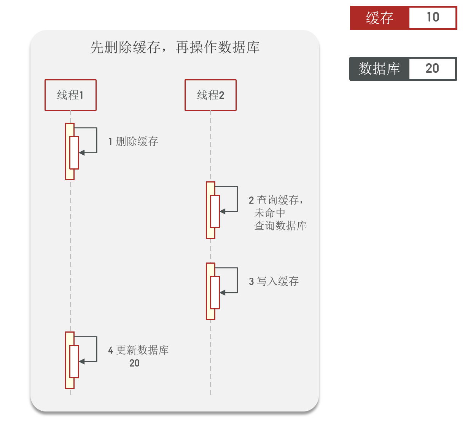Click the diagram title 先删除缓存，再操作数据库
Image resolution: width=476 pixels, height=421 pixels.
point(175,47)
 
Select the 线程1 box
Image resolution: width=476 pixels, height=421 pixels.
point(70,95)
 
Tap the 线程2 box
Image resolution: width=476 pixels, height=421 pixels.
point(210,95)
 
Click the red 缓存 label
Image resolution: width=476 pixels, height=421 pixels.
point(379,18)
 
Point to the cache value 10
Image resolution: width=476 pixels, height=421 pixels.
point(433,18)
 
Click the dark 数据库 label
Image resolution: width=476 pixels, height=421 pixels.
point(379,69)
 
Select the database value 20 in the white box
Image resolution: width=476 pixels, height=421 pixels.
point(432,69)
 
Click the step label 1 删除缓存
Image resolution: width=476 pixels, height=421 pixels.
point(133,142)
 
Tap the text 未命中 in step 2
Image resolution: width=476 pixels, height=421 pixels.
point(269,213)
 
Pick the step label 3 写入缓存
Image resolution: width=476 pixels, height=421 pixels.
point(274,282)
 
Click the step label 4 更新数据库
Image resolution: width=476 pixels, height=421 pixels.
point(139,350)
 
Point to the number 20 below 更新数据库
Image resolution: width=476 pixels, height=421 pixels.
point(134,363)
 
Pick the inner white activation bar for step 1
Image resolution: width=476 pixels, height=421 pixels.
point(74,152)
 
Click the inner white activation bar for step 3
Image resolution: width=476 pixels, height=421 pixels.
point(215,292)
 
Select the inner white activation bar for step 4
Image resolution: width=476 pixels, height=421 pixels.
point(74,361)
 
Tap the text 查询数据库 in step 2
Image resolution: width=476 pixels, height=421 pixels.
point(280,226)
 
